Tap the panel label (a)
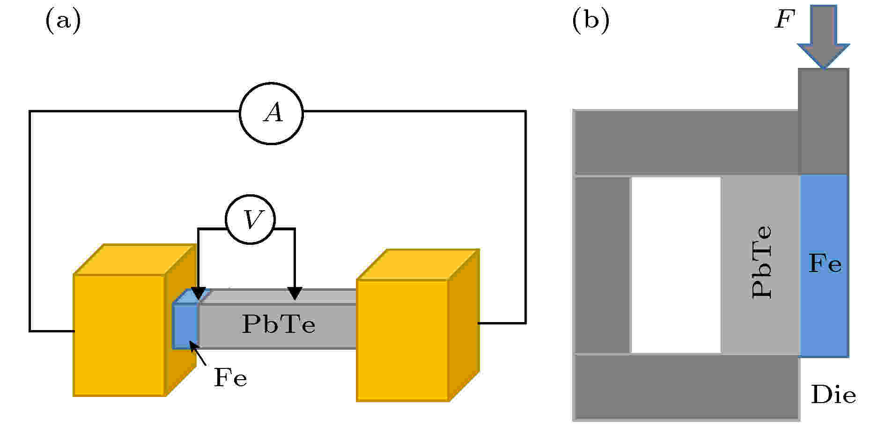63,21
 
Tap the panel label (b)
591,21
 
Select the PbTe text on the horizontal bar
278,324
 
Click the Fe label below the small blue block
230,377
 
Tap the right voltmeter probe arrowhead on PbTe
295,293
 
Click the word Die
833,395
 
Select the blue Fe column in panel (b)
824,266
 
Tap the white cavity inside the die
676,264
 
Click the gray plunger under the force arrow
824,121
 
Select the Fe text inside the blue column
825,264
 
